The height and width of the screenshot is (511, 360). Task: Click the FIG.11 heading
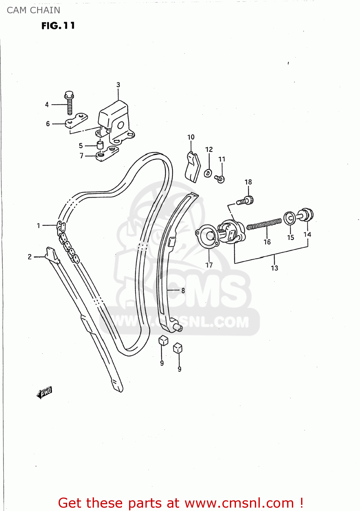pyautogui.click(x=58, y=26)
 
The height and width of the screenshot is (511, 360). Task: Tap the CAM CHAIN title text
pyautogui.click(x=33, y=10)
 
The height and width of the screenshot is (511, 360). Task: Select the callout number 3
pyautogui.click(x=118, y=85)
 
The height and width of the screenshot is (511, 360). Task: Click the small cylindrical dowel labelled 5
pyautogui.click(x=100, y=145)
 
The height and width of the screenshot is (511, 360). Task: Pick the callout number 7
pyautogui.click(x=81, y=156)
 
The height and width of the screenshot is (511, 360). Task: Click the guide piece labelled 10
pyautogui.click(x=192, y=167)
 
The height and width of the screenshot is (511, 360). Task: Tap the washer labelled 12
pyautogui.click(x=208, y=173)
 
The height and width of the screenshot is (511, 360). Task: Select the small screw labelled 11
pyautogui.click(x=220, y=178)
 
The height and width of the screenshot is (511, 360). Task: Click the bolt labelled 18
pyautogui.click(x=246, y=201)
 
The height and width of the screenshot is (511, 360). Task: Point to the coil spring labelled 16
pyautogui.click(x=264, y=224)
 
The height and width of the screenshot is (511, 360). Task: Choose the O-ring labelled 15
pyautogui.click(x=289, y=218)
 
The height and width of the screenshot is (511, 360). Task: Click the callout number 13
pyautogui.click(x=275, y=268)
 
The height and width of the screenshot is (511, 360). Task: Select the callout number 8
pyautogui.click(x=183, y=291)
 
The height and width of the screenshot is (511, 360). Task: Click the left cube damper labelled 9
pyautogui.click(x=163, y=340)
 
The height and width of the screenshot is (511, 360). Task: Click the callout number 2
pyautogui.click(x=30, y=257)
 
